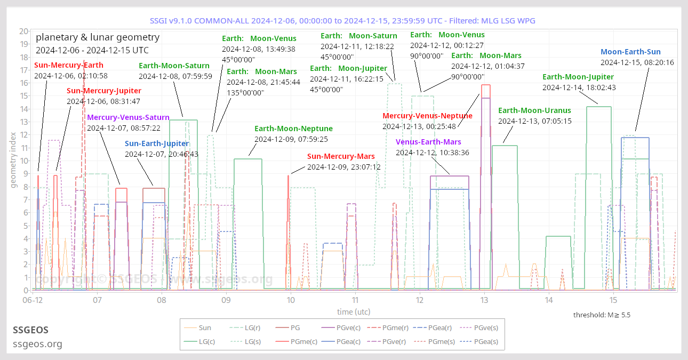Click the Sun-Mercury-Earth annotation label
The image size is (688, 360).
[69, 65]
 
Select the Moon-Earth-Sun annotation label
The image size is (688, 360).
[630, 52]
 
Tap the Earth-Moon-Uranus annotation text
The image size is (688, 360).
[534, 110]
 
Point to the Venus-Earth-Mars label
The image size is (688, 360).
[428, 142]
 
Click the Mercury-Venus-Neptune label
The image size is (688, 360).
[427, 116]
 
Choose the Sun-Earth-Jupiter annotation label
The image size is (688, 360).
[157, 143]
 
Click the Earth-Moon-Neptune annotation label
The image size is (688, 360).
[293, 129]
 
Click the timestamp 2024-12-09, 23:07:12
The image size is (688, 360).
[343, 167]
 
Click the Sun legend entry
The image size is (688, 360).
[204, 328]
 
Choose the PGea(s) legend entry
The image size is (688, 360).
[486, 342]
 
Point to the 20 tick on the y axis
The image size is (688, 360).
[23, 31]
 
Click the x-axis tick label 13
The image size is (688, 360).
[484, 300]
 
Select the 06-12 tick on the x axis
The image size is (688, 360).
[33, 300]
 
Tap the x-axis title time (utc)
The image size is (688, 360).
[354, 311]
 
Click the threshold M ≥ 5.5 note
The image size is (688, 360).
[602, 315]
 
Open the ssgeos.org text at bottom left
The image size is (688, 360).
[37, 344]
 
